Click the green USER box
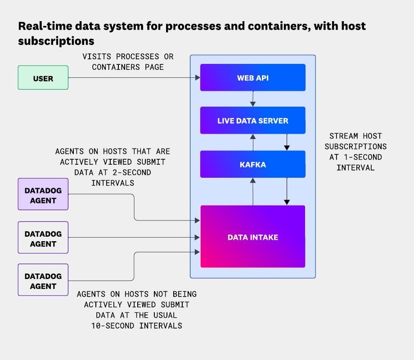[x=43, y=78]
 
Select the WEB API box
[x=252, y=78]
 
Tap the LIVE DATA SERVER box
[x=252, y=121]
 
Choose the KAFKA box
[x=252, y=164]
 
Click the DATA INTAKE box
[x=252, y=237]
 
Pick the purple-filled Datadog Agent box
[x=43, y=194]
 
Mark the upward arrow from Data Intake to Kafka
[x=253, y=191]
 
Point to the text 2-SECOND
[x=129, y=172]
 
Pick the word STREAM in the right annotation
[x=344, y=136]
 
